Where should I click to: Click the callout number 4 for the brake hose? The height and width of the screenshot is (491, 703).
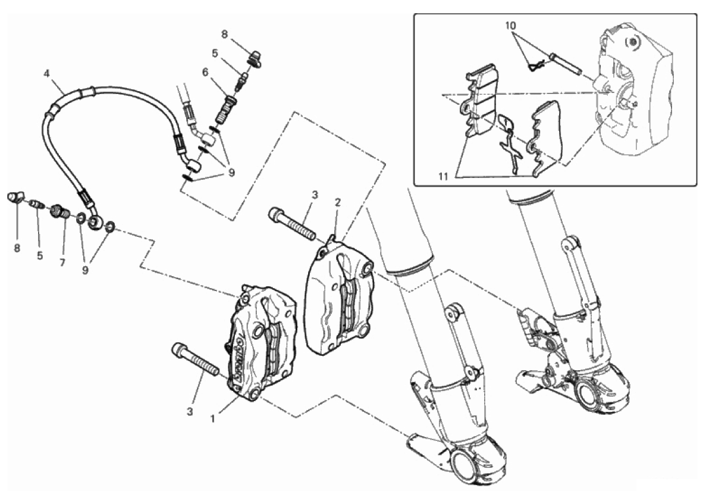click(46, 73)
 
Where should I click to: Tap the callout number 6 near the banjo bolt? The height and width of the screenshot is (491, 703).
click(205, 72)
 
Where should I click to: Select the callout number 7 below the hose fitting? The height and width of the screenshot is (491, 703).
click(62, 262)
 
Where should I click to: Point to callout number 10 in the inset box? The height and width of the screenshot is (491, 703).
click(511, 26)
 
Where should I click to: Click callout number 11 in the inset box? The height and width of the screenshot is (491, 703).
click(444, 176)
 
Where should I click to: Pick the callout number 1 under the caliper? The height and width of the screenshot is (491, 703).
click(213, 418)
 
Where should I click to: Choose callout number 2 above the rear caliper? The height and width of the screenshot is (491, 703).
click(338, 202)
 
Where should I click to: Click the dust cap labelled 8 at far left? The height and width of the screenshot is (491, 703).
click(15, 197)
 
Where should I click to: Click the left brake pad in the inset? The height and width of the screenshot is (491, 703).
click(478, 103)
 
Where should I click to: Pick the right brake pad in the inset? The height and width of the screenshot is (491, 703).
click(545, 136)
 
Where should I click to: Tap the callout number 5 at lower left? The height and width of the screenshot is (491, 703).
click(40, 255)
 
